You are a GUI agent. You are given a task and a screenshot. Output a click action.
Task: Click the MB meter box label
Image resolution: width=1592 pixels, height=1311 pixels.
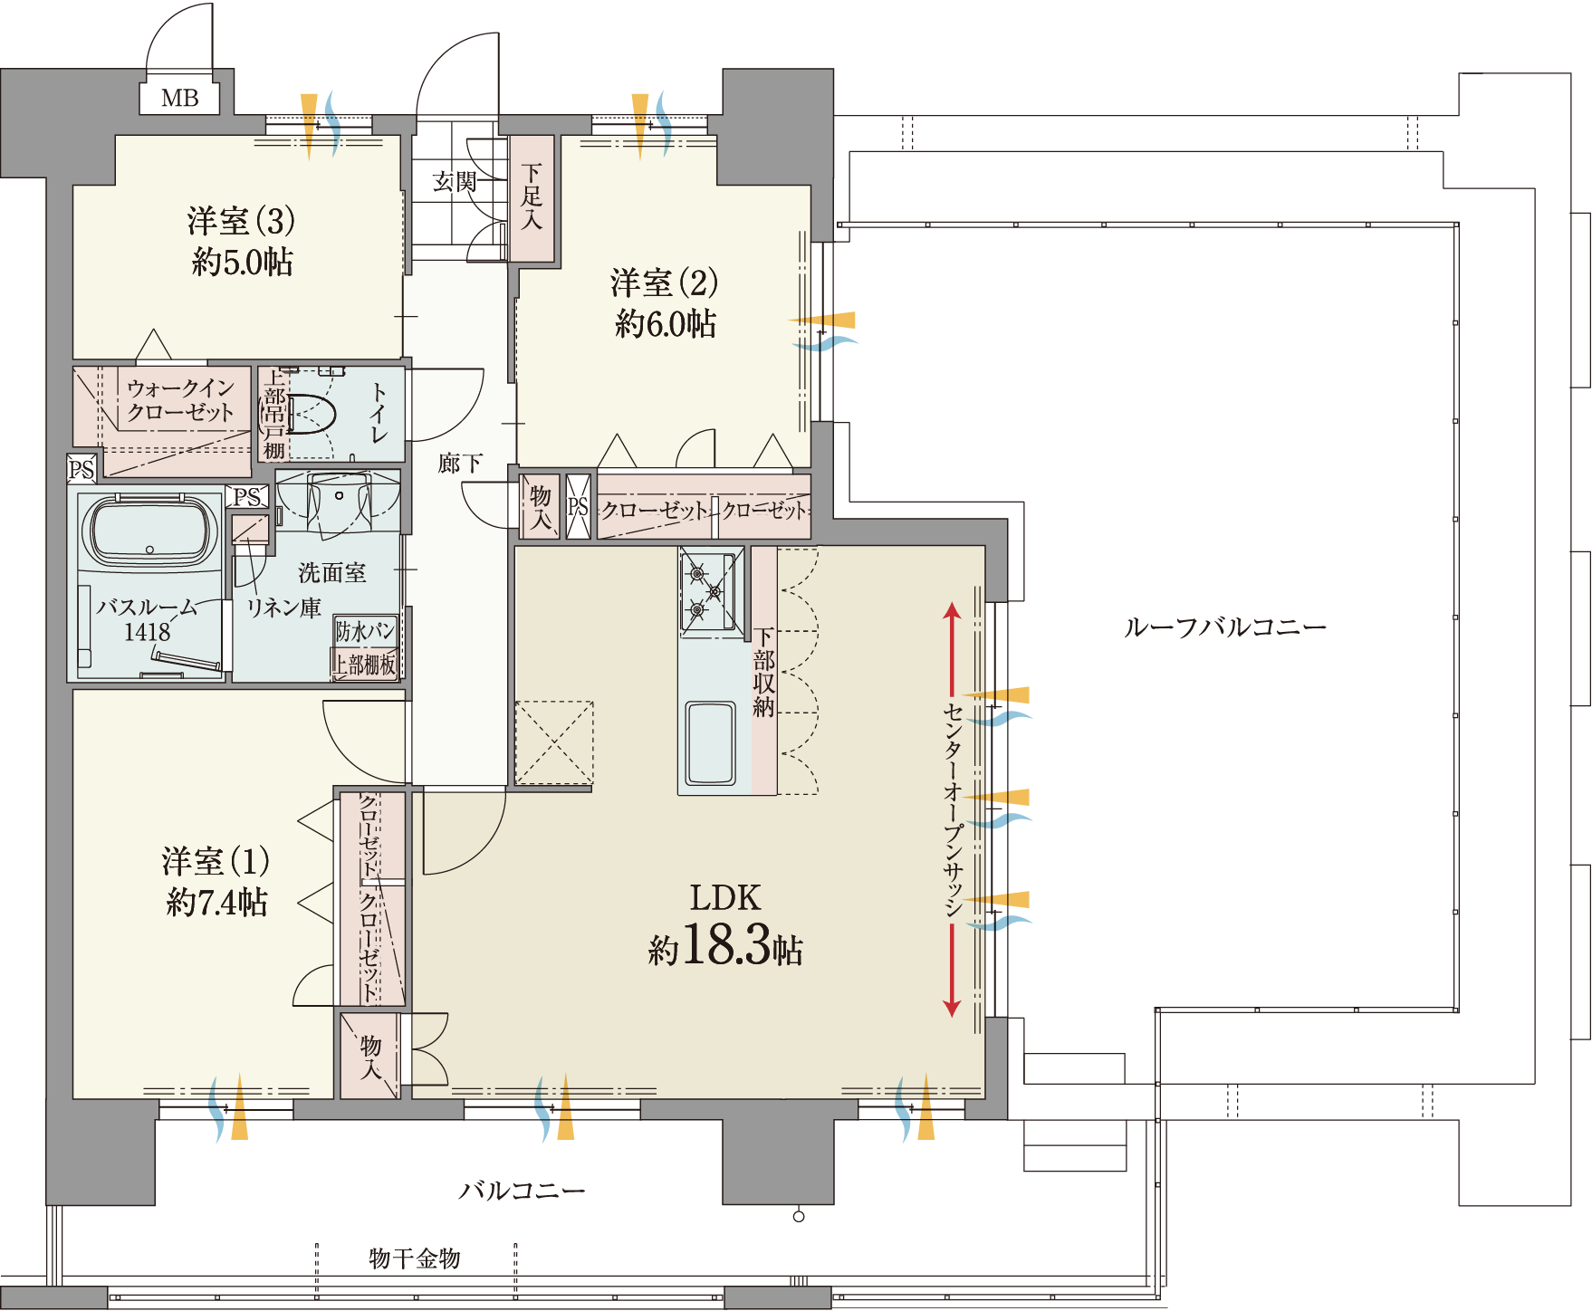click(179, 98)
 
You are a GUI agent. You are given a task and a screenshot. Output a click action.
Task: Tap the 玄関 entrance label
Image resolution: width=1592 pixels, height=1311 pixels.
click(455, 182)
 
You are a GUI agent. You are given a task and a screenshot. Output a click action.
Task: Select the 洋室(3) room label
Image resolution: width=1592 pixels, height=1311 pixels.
click(241, 221)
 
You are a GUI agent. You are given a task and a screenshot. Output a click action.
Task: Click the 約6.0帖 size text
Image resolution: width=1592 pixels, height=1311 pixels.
click(666, 323)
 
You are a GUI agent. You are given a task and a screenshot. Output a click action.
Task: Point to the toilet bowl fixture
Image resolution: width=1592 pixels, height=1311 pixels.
click(312, 414)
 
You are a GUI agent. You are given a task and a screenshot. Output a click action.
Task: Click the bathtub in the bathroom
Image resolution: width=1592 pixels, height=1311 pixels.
click(149, 532)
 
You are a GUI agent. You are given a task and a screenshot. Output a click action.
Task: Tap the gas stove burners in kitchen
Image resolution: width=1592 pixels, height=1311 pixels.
click(707, 591)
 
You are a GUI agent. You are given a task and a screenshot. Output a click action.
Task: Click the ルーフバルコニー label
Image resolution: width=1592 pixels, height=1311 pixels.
click(1225, 627)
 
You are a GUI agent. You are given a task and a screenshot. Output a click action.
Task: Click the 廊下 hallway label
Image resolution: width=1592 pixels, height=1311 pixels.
click(460, 464)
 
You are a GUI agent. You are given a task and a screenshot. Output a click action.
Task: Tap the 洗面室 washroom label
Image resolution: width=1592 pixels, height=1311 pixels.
click(332, 572)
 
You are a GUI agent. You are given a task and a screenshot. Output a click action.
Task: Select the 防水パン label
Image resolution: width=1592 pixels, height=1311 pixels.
click(365, 630)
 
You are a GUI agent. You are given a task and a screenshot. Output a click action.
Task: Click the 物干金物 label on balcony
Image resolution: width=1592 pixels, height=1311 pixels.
click(415, 1258)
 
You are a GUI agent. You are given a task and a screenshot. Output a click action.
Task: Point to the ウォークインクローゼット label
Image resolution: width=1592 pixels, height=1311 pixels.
click(180, 400)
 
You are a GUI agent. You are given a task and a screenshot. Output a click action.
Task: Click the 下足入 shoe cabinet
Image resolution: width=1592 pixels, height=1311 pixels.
click(532, 198)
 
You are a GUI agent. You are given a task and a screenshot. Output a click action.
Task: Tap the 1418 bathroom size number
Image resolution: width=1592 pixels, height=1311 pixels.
click(148, 632)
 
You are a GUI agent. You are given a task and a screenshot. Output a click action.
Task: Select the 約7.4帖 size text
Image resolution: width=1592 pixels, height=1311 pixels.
click(217, 903)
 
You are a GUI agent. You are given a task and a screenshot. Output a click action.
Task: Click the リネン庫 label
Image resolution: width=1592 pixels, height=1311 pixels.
click(284, 608)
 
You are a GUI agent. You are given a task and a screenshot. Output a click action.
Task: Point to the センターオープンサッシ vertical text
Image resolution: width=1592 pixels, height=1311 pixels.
click(953, 809)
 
